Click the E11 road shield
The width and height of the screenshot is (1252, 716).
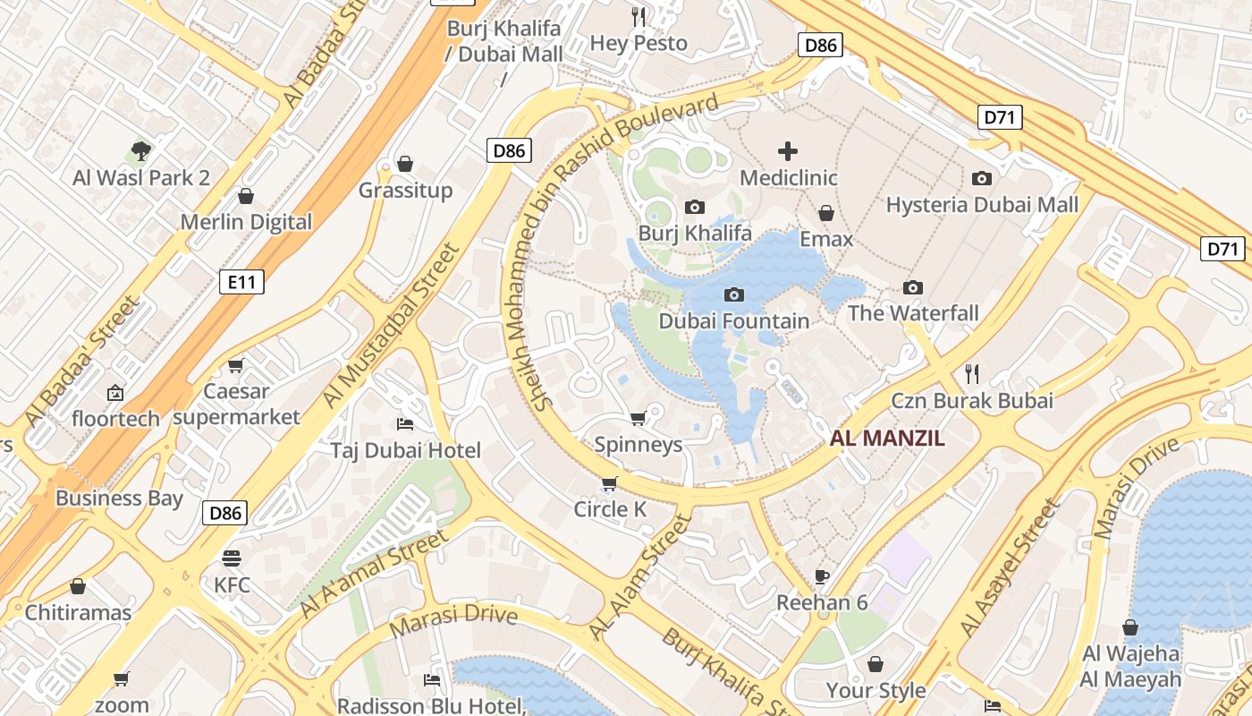[x=241, y=283]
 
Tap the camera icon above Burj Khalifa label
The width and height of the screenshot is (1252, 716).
[x=694, y=208]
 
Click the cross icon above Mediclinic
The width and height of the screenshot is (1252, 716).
[x=788, y=151]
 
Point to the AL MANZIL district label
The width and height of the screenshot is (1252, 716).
[x=887, y=439]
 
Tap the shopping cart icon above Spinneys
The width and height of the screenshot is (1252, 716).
[x=638, y=419]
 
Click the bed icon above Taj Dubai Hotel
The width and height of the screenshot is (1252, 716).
[x=405, y=424]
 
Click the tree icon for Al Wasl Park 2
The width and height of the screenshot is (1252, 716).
[x=140, y=150]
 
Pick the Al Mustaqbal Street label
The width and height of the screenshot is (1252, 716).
[x=390, y=326]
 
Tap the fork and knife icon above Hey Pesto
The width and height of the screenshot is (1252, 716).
[x=639, y=17]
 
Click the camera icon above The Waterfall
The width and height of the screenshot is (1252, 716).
[x=912, y=287]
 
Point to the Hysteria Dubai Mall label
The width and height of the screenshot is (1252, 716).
[x=982, y=205]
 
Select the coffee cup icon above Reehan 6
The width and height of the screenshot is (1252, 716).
[x=822, y=576]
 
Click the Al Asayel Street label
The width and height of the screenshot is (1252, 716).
[x=1009, y=569]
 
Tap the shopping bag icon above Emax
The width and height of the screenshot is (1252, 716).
[x=826, y=213]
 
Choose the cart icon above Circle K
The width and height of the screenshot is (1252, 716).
[x=609, y=484]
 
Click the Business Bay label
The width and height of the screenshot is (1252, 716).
[x=119, y=499]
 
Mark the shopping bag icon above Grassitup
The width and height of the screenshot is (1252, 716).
[x=405, y=164]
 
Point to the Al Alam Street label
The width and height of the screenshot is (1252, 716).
[x=640, y=576]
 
